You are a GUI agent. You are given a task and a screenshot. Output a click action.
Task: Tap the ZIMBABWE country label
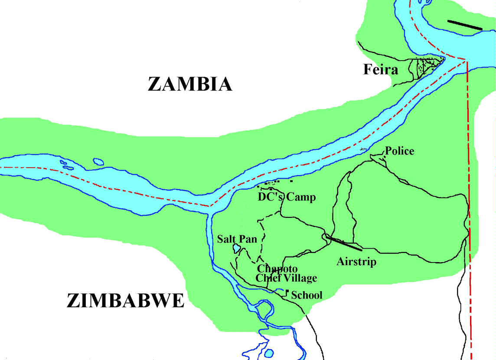[x=125, y=301]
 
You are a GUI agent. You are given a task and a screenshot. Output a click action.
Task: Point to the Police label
[x=400, y=151]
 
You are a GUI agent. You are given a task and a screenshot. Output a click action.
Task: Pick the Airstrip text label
[x=356, y=262]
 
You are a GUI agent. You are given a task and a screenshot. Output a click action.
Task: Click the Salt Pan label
[x=237, y=239]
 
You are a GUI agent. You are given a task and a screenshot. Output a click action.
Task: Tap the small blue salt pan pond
[x=237, y=249]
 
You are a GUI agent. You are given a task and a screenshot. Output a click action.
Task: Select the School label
[x=307, y=295]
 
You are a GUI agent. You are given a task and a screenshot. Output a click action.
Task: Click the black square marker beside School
[x=287, y=291]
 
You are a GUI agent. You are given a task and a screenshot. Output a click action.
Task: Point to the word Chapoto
[x=277, y=269]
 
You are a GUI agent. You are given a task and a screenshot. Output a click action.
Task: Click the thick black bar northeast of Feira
[x=464, y=25]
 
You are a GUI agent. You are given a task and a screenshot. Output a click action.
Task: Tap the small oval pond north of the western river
[x=98, y=162]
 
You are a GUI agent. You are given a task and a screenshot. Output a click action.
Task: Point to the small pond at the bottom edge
[x=269, y=353]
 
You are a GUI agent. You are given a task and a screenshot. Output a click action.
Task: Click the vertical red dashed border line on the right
[x=470, y=195]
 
